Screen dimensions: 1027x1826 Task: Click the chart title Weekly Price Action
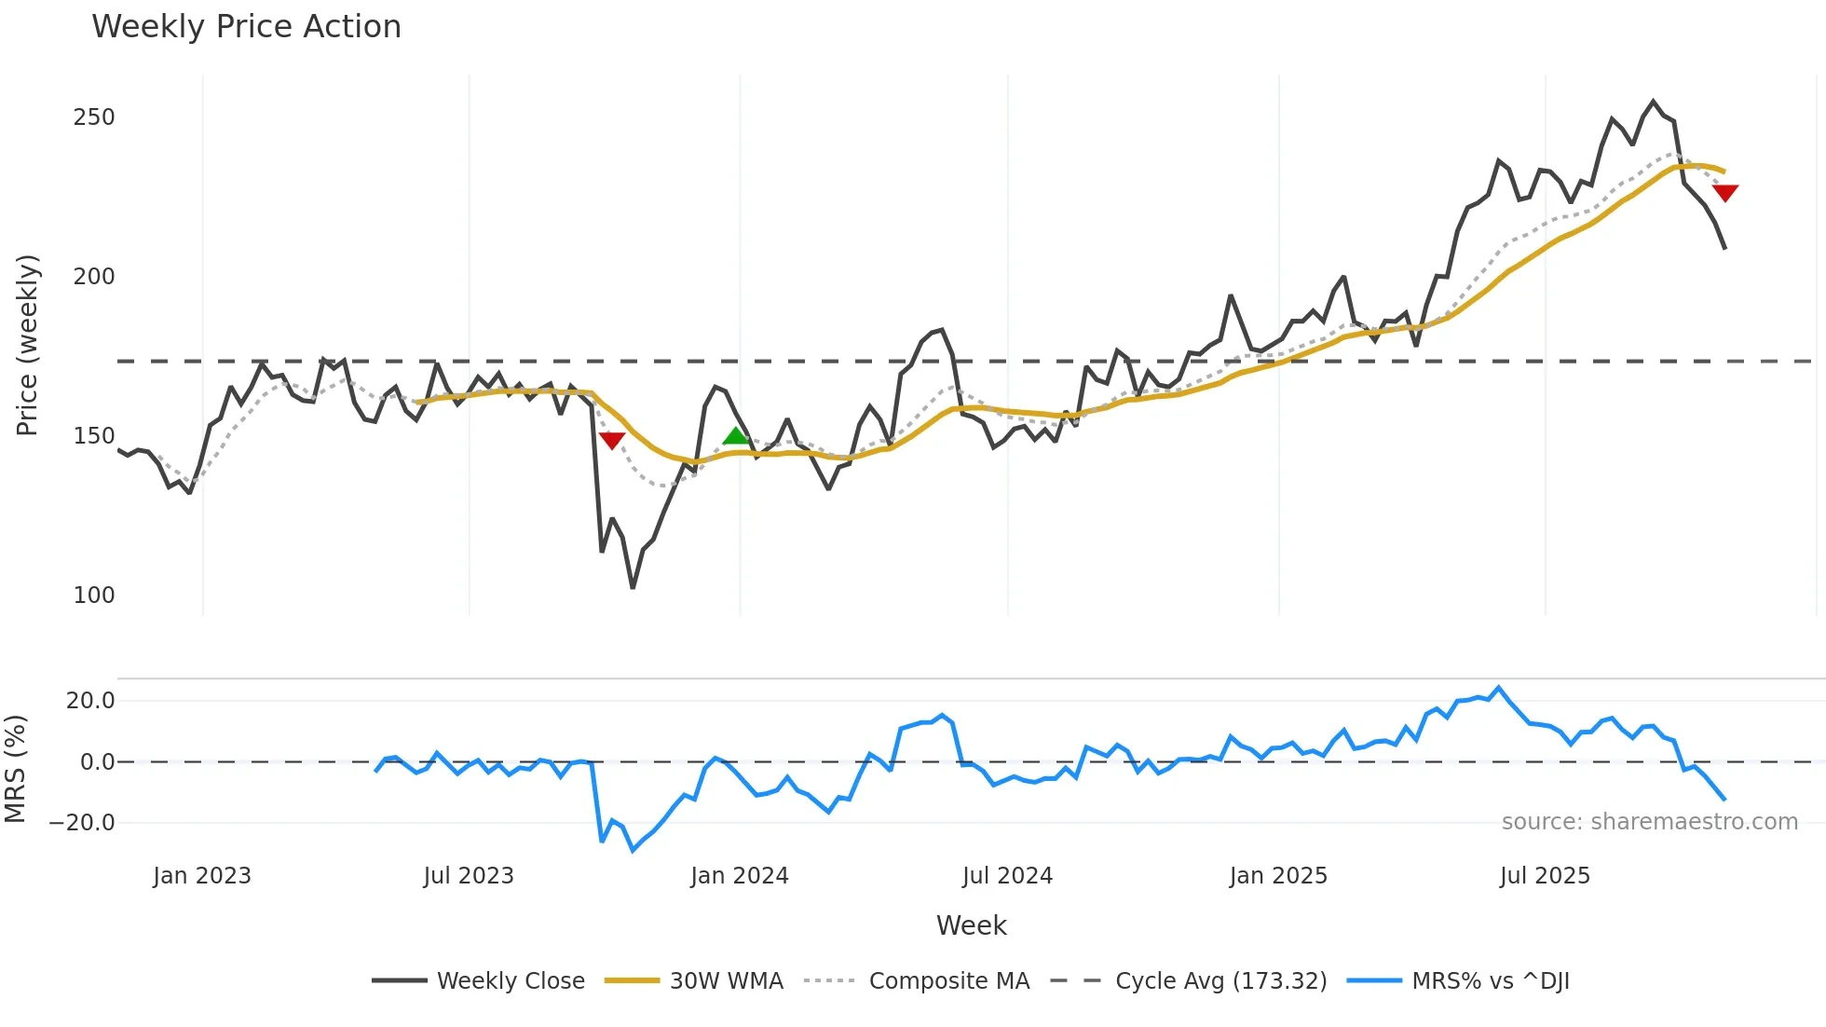pyautogui.click(x=246, y=27)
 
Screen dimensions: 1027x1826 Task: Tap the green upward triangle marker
pyautogui.click(x=736, y=436)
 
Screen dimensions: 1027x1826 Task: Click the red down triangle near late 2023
pyautogui.click(x=612, y=440)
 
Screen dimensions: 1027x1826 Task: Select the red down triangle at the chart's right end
pyautogui.click(x=1724, y=193)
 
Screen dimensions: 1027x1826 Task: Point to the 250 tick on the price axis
pyautogui.click(x=94, y=117)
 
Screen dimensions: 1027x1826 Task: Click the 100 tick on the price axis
pyautogui.click(x=94, y=596)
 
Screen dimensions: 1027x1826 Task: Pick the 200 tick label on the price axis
pyautogui.click(x=94, y=277)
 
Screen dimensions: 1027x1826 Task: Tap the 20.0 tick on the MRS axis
pyautogui.click(x=90, y=701)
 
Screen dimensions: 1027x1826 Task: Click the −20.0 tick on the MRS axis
pyautogui.click(x=82, y=823)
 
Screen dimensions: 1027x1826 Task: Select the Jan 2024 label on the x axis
pyautogui.click(x=739, y=876)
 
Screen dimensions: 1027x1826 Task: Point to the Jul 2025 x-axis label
pyautogui.click(x=1545, y=876)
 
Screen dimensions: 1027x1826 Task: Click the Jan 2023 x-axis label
pyautogui.click(x=202, y=876)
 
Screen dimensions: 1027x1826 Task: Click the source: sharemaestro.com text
pyautogui.click(x=1649, y=822)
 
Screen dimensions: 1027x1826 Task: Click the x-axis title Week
pyautogui.click(x=971, y=925)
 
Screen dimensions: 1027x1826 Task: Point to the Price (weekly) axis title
pyautogui.click(x=27, y=345)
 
